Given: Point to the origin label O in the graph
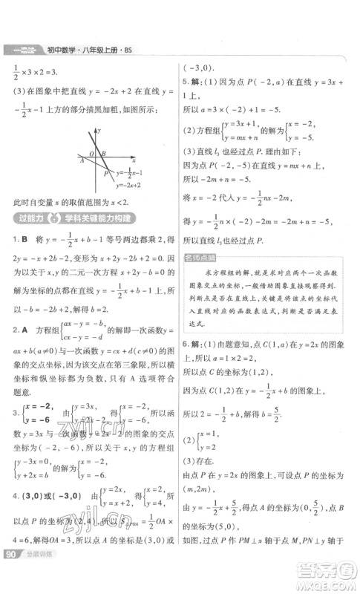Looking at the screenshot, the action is (x=92, y=154).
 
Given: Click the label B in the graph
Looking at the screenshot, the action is (x=104, y=154).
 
